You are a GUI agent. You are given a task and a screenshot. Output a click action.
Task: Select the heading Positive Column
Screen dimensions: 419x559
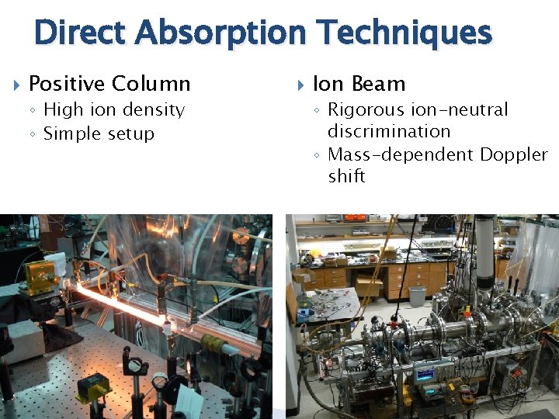pos(109,83)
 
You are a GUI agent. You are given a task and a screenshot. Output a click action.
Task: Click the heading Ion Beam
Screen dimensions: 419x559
pos(359,83)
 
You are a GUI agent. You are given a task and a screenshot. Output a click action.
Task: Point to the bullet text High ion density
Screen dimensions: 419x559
pos(113,109)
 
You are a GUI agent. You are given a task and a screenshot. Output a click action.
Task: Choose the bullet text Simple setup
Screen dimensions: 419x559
pos(99,133)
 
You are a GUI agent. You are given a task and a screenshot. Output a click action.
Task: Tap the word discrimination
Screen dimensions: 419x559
pos(389,131)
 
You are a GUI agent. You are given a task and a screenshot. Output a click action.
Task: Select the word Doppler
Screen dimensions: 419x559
pos(513,154)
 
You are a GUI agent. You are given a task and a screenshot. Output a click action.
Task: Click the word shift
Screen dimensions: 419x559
pos(346,176)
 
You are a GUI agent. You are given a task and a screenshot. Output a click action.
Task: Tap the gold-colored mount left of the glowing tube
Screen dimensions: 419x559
pos(36,275)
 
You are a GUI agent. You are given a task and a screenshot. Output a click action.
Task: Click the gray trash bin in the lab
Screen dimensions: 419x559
pos(417,296)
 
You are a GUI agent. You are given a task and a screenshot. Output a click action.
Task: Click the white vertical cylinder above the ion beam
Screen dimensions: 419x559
pos(484,248)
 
